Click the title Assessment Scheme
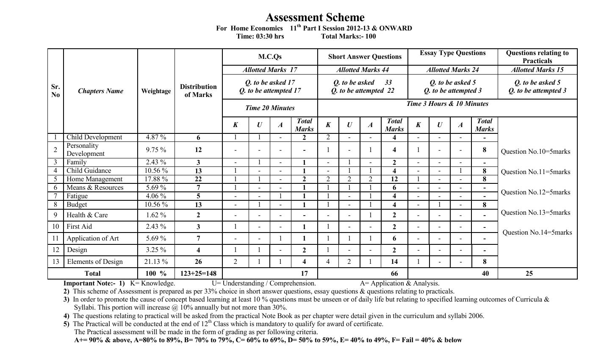pos(315,17)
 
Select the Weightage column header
pos(156,91)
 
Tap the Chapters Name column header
pos(100,91)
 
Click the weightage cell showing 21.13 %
pos(156,262)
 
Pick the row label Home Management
pos(94,179)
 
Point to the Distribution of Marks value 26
pos(198,262)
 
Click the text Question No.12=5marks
pos(535,192)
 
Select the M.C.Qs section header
pos(270,57)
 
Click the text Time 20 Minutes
pos(270,108)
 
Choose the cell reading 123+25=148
pos(198,274)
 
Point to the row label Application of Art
pos(93,238)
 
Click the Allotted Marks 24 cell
pos(452,70)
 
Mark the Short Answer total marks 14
pos(394,262)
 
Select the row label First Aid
pos(79,227)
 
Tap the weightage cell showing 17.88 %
pos(156,179)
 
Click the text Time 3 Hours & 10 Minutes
pos(447,104)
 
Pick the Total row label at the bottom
pos(93,274)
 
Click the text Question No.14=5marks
pos(537,233)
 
